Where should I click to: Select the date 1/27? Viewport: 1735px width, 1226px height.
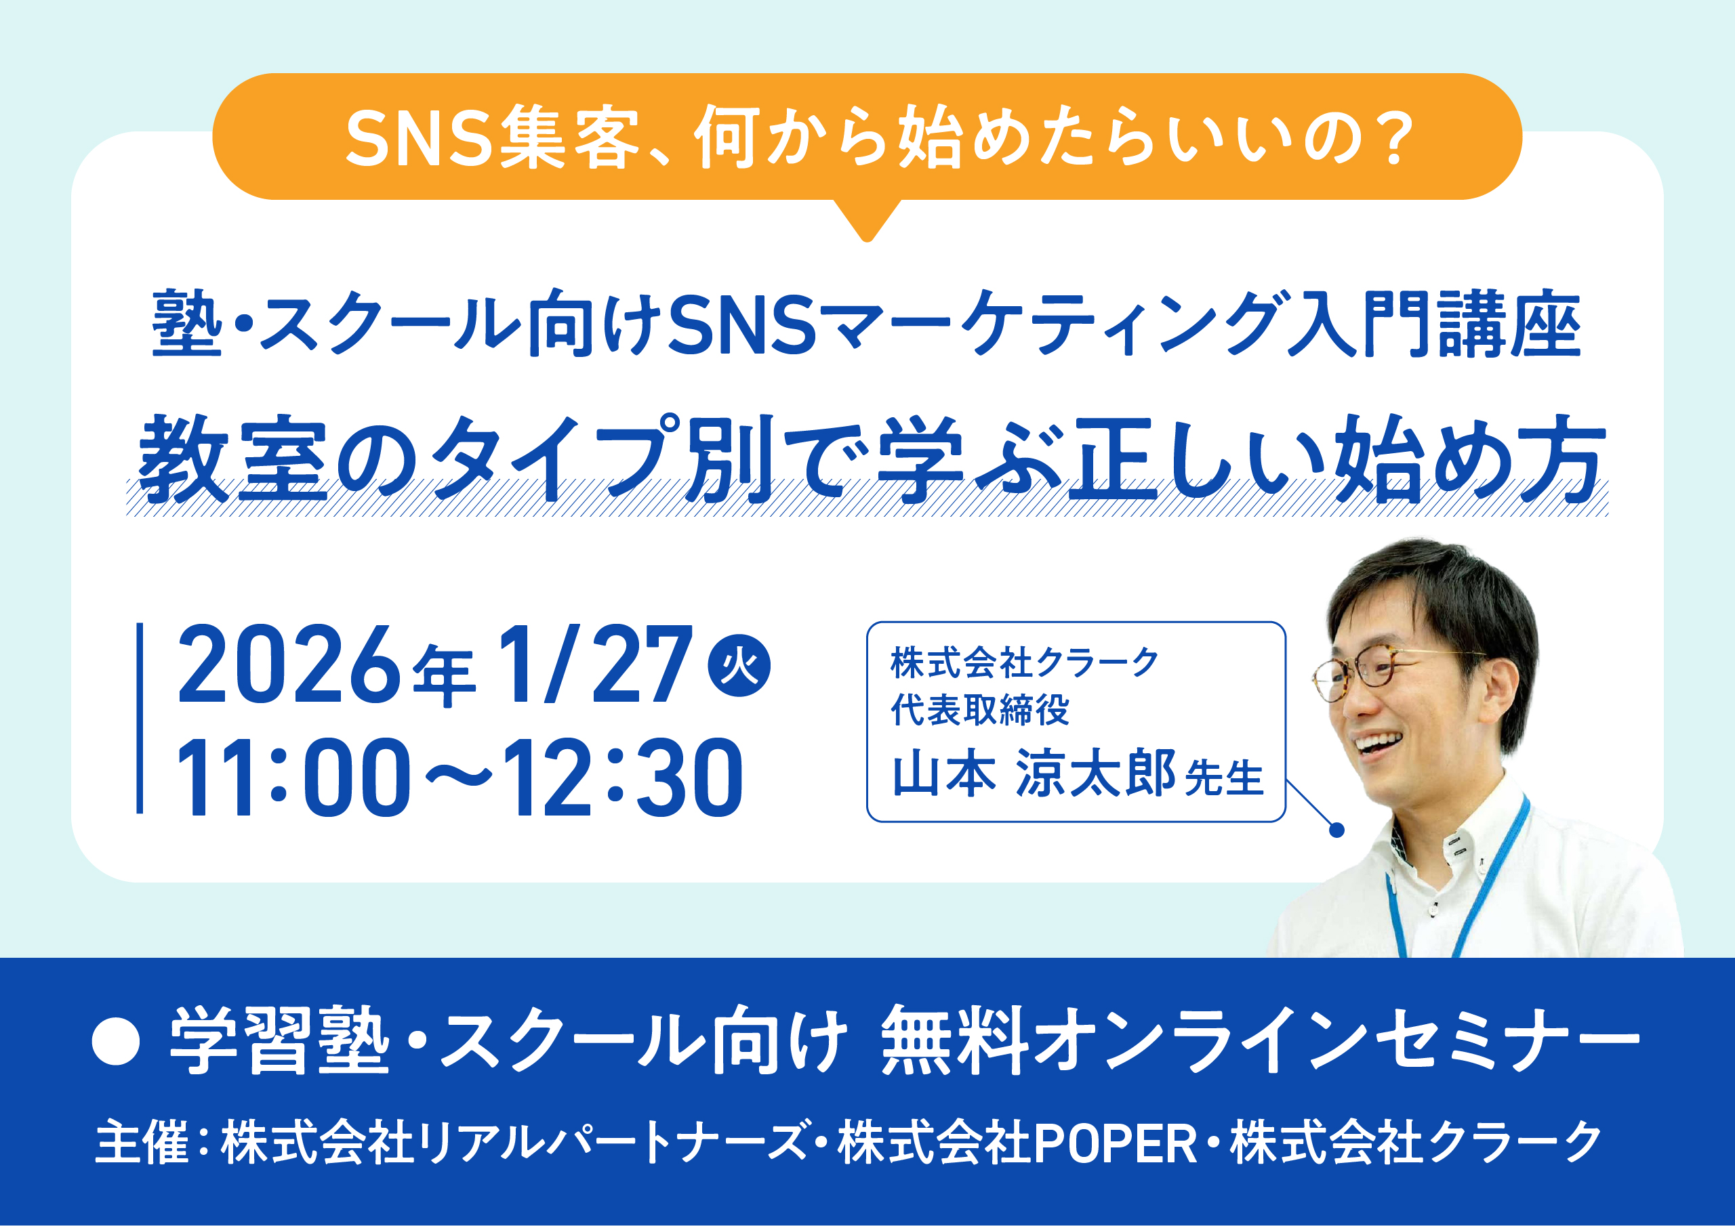(x=594, y=664)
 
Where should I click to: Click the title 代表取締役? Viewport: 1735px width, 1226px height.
(x=980, y=710)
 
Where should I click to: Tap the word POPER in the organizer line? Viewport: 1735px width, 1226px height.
(x=1116, y=1143)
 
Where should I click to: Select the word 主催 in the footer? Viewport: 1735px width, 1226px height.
(x=142, y=1142)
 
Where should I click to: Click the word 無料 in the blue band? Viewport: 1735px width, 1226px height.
(x=954, y=1041)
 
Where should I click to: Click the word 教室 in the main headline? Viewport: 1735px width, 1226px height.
(x=232, y=459)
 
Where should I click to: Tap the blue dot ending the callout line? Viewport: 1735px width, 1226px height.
(x=1336, y=830)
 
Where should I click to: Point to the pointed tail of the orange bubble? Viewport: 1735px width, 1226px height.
(x=867, y=237)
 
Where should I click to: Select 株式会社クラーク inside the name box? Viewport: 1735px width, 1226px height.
(x=1025, y=663)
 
